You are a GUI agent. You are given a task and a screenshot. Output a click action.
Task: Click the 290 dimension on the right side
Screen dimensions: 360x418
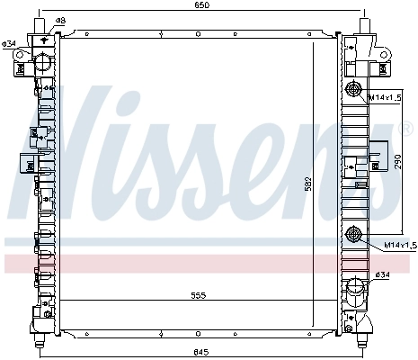coord(396,164)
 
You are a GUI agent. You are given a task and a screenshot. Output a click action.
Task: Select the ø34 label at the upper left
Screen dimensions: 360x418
coord(8,43)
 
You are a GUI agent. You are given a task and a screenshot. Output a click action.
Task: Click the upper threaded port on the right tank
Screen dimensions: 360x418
coord(353,88)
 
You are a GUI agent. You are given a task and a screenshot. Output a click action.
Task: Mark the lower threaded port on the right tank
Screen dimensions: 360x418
coord(353,236)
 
